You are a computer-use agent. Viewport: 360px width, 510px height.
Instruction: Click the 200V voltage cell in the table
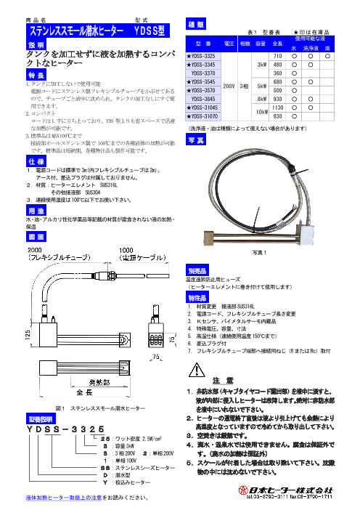click(x=229, y=84)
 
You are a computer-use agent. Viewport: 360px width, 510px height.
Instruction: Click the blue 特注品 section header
click(x=190, y=299)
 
